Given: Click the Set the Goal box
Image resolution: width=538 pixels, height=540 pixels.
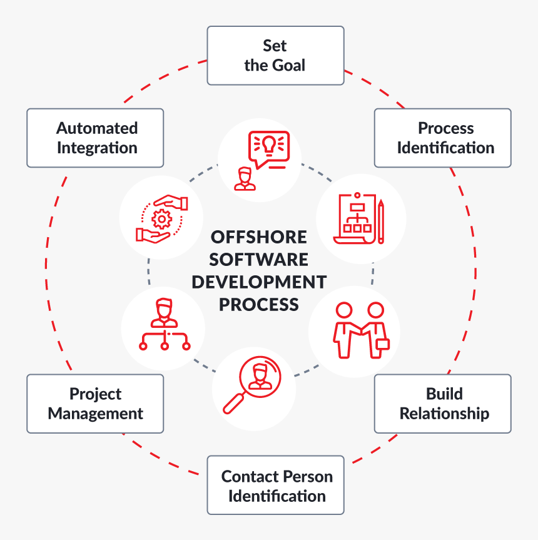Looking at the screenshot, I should pos(275,55).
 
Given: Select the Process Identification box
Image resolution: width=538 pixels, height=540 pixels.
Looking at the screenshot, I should pos(443,138).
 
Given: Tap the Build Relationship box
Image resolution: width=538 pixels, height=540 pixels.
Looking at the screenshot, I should pos(443,404).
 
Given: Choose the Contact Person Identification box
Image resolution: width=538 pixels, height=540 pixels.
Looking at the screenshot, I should pos(275,486).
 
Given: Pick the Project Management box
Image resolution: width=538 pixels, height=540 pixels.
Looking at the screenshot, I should pos(95,404).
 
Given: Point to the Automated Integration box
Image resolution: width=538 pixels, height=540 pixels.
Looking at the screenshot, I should pos(95,138).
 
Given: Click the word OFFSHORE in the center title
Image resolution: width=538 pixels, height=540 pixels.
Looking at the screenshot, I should pos(258,238).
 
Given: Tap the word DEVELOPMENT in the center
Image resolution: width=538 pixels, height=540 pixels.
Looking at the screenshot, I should pos(258,282).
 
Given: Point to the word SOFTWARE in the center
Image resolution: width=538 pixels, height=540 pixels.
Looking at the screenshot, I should pos(258,260).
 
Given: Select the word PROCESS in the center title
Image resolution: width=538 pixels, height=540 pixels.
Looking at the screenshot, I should pos(258,304).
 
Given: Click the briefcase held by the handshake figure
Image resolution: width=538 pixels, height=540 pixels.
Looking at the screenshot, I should pos(382,344).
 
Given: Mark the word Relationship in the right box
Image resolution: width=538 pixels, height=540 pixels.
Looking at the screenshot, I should pos(444,414).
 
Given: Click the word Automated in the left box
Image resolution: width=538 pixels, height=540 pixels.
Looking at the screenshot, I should pos(97,128).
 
